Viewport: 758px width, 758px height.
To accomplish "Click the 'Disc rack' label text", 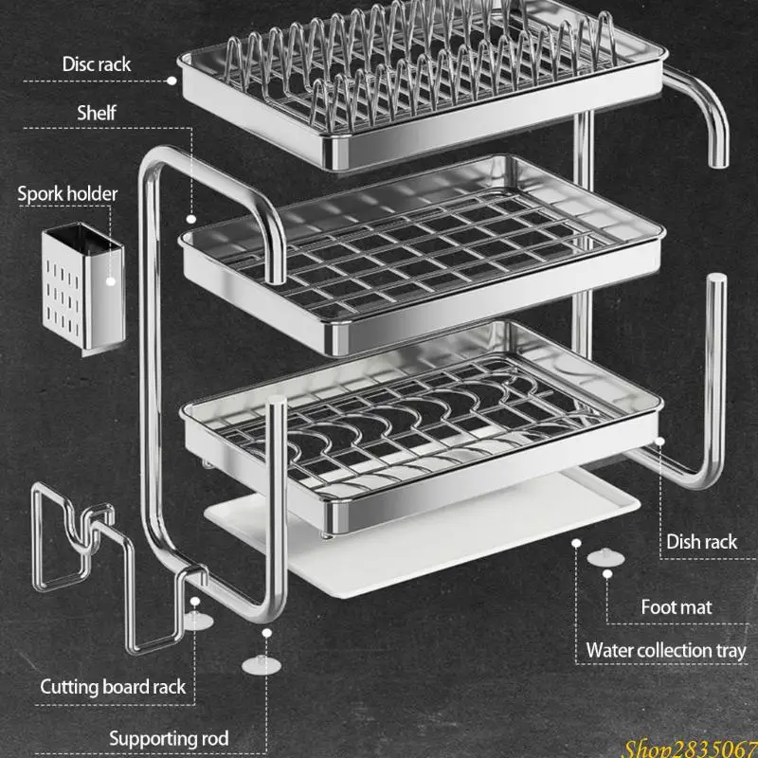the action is [97, 64].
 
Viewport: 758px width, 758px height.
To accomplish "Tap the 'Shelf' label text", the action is [97, 113].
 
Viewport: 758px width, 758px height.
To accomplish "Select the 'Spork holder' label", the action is [67, 194].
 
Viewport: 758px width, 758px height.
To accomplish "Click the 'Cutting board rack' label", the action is [113, 687].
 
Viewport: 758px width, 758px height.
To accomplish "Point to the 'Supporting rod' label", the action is [169, 739].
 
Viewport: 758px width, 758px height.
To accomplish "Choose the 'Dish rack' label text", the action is [701, 542].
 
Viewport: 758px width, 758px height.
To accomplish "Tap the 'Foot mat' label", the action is [677, 607].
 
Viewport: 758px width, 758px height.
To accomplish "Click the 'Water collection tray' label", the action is [666, 651].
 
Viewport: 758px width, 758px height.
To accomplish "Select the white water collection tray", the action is [421, 536].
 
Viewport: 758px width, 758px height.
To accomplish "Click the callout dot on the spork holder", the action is [111, 281].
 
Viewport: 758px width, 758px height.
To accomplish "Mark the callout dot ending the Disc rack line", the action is [171, 81].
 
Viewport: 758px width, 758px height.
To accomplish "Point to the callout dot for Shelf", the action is [191, 219].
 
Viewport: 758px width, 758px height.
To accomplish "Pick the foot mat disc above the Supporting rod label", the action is [262, 666].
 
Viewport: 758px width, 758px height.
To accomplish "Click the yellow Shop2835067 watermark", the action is [691, 749].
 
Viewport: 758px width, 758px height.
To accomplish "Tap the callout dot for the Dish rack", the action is [659, 441].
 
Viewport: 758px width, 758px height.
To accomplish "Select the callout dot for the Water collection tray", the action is [576, 543].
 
